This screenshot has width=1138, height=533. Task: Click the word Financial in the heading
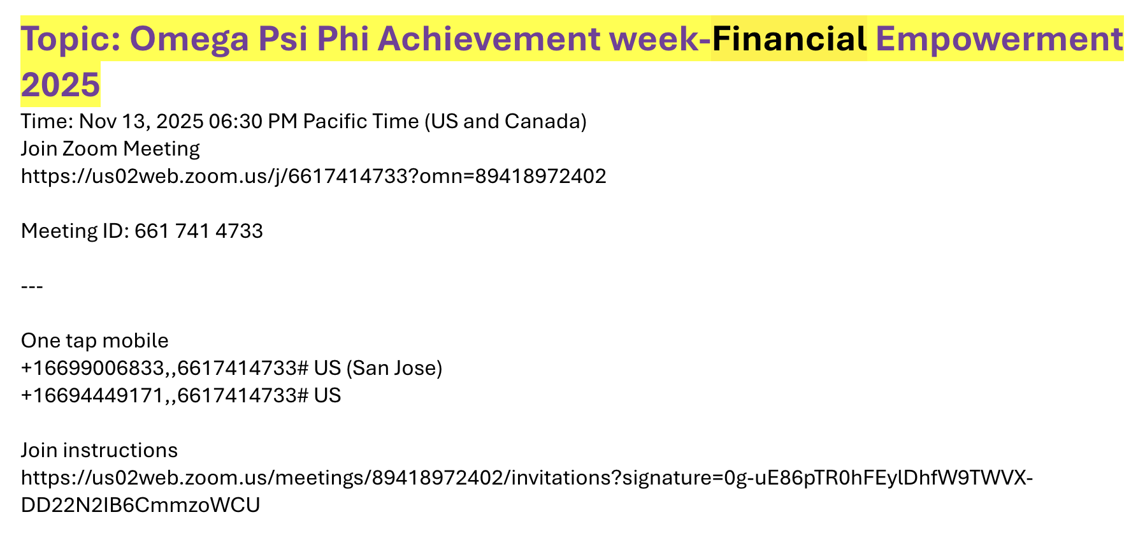(789, 40)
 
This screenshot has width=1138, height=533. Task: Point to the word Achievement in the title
(489, 40)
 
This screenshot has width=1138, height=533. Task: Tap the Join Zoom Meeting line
(110, 149)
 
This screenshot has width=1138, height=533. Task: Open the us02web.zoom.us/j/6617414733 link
(313, 176)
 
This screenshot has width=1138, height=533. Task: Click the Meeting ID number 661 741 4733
(199, 231)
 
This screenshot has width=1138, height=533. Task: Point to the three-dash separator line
(32, 286)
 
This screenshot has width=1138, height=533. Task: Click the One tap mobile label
(95, 341)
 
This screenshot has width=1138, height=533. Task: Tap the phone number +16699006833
(93, 369)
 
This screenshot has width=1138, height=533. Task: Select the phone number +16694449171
(93, 396)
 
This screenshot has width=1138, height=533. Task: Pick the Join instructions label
(99, 451)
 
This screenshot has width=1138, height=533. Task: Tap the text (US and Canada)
(505, 121)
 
